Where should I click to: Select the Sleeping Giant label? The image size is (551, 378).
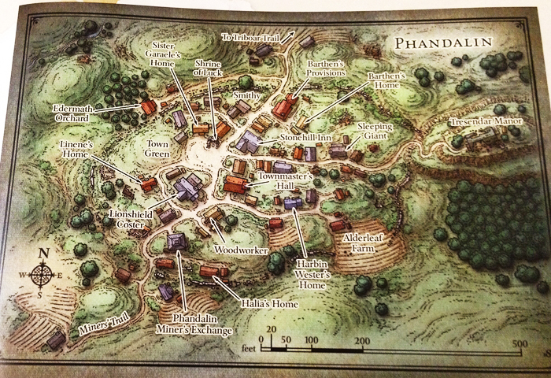tap(374, 131)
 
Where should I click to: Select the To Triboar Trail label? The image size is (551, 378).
tap(256, 36)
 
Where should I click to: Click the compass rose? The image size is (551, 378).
tap(44, 274)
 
